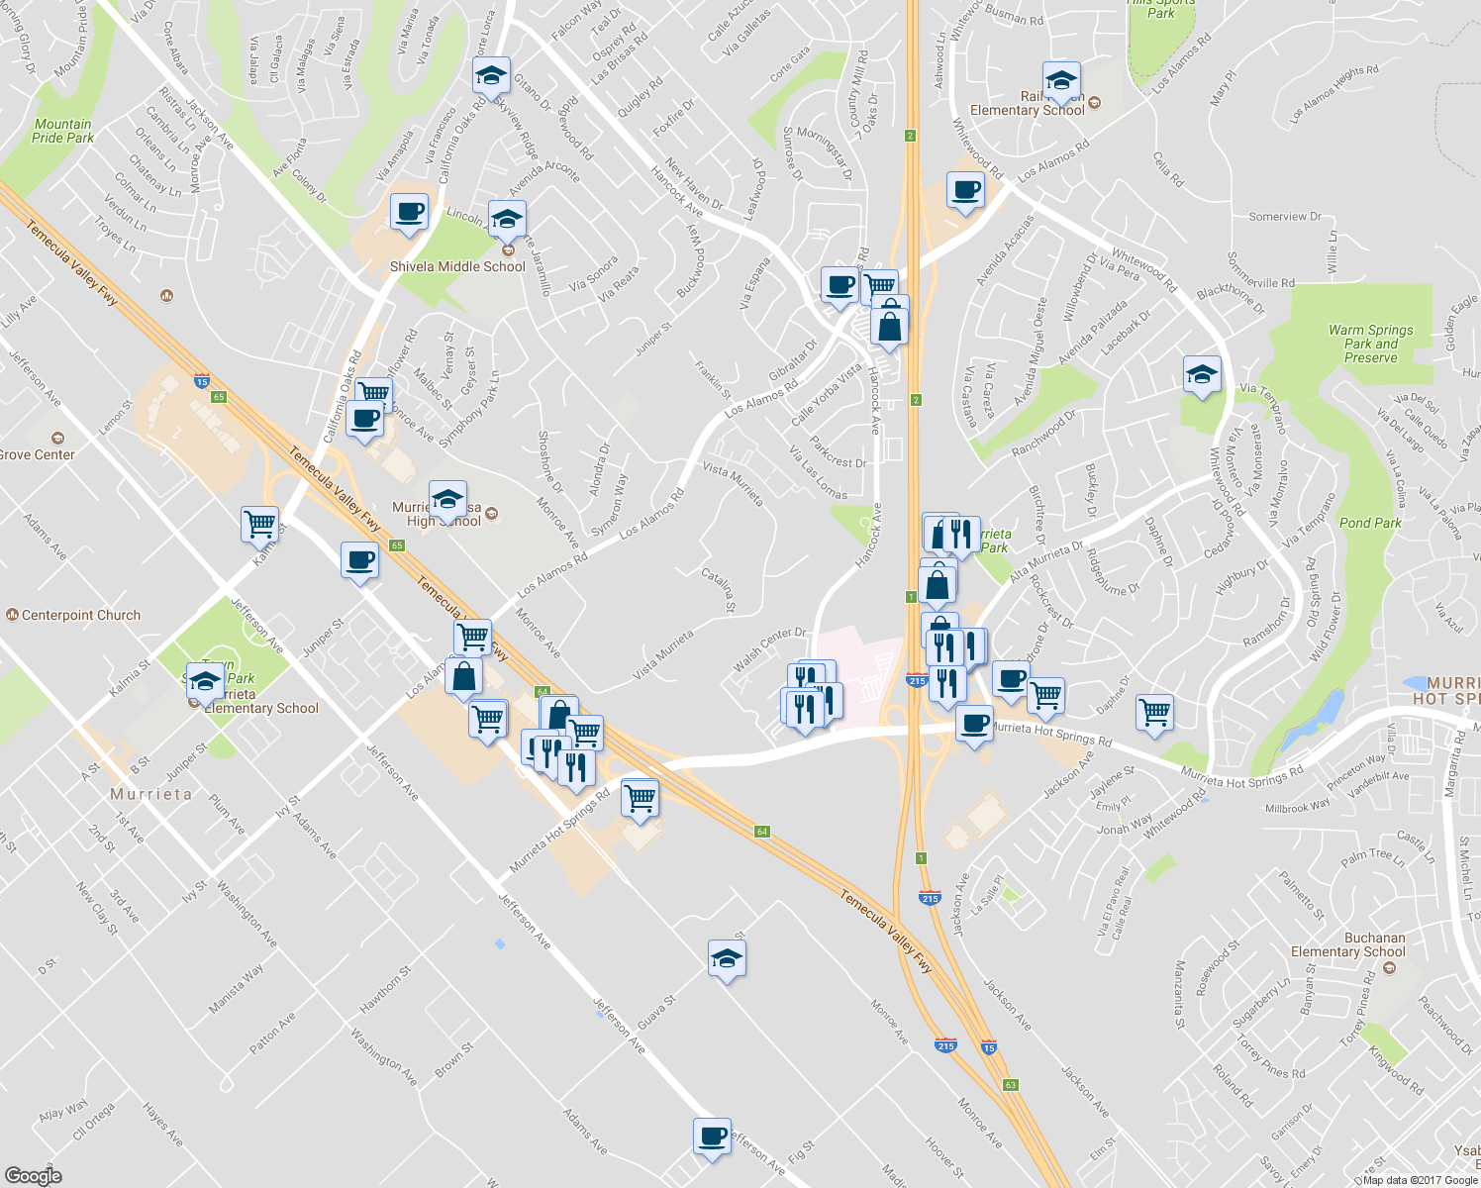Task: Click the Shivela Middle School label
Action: (x=457, y=266)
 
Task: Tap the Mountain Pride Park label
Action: (x=62, y=131)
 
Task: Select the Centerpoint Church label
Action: (x=80, y=615)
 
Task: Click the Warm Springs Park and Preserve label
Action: (x=1371, y=344)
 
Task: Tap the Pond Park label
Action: (x=1370, y=523)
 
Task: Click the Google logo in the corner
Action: (x=33, y=1176)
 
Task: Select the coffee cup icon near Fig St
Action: (x=712, y=1137)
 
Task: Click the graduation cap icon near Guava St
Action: (x=728, y=958)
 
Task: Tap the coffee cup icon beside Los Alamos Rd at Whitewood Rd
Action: (x=965, y=189)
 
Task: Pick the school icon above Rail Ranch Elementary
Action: (x=1061, y=79)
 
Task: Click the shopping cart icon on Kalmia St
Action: (x=259, y=523)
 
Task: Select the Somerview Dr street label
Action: (x=1285, y=217)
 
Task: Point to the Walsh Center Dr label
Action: (x=770, y=649)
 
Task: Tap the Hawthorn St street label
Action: (x=385, y=989)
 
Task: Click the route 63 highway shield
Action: (x=1010, y=1085)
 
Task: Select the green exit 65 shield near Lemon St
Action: (x=219, y=397)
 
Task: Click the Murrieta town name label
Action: (x=151, y=794)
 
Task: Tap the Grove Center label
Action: (x=37, y=454)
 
